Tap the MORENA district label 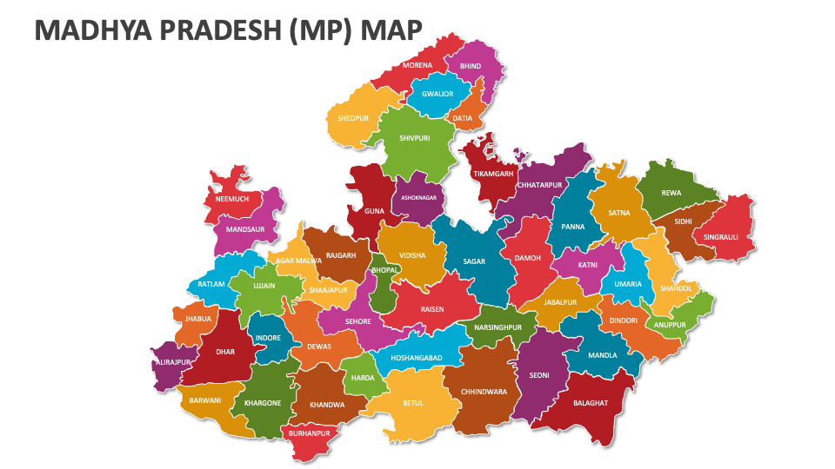pos(417,66)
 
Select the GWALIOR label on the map pos(438,94)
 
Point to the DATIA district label pos(462,118)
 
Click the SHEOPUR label pos(353,118)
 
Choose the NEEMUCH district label pos(232,199)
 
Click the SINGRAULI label pos(721,236)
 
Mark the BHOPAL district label pos(384,270)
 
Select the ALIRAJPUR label pos(170,361)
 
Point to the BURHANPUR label pos(309,433)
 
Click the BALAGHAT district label pos(591,403)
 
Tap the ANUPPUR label pos(671,325)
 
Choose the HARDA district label pos(363,378)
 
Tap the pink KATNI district pos(588,264)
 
